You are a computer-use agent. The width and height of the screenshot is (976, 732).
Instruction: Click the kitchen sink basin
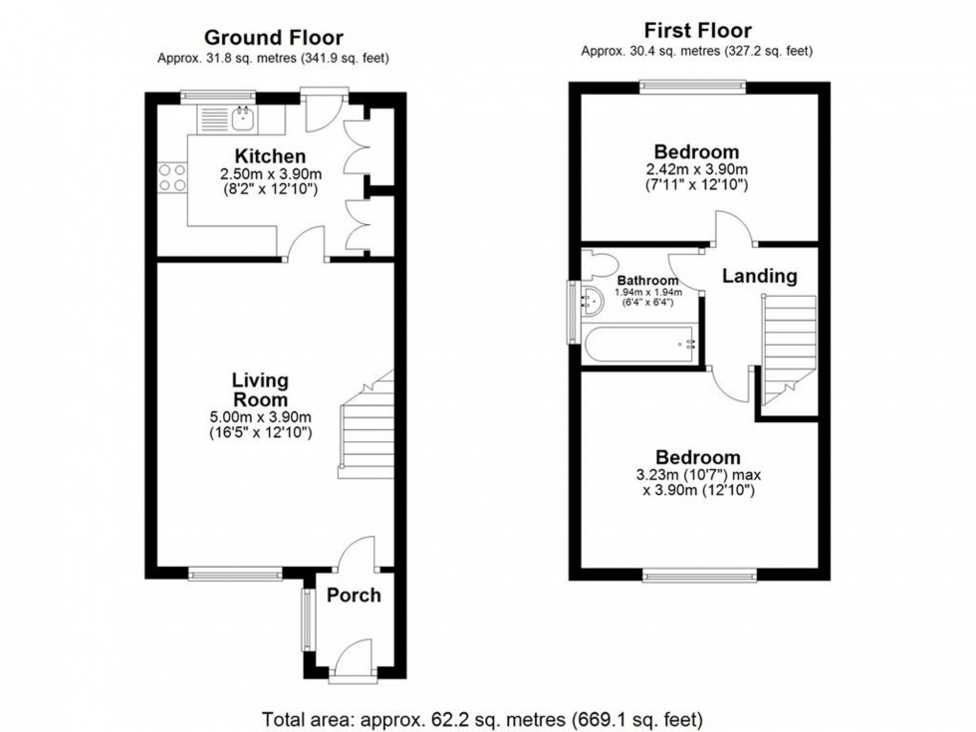pos(242,119)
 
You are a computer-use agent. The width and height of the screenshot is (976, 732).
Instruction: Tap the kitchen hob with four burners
pos(172,177)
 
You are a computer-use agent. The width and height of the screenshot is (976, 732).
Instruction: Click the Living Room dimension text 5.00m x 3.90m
pos(261,417)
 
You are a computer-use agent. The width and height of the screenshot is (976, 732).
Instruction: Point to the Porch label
pos(354,596)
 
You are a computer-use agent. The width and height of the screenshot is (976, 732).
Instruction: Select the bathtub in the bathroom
pos(639,344)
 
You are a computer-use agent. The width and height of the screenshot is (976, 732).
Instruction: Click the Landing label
pos(759,276)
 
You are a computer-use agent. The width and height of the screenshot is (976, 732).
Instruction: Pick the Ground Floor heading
pos(274,38)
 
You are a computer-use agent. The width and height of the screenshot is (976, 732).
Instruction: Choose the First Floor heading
pos(698,30)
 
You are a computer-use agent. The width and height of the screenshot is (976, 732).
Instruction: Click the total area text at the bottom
pos(482,719)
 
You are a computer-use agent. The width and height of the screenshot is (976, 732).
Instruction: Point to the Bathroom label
pos(648,281)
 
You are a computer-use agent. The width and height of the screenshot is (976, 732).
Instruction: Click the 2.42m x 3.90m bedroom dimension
pos(697,169)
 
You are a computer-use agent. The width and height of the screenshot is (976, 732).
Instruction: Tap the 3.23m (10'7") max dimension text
pos(698,475)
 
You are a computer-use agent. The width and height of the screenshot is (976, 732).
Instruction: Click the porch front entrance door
pos(354,662)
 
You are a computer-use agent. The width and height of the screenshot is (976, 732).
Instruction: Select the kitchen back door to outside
pos(325,111)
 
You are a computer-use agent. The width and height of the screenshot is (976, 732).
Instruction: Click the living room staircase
pos(367,424)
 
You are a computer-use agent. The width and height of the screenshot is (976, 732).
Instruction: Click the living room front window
pos(236,574)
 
